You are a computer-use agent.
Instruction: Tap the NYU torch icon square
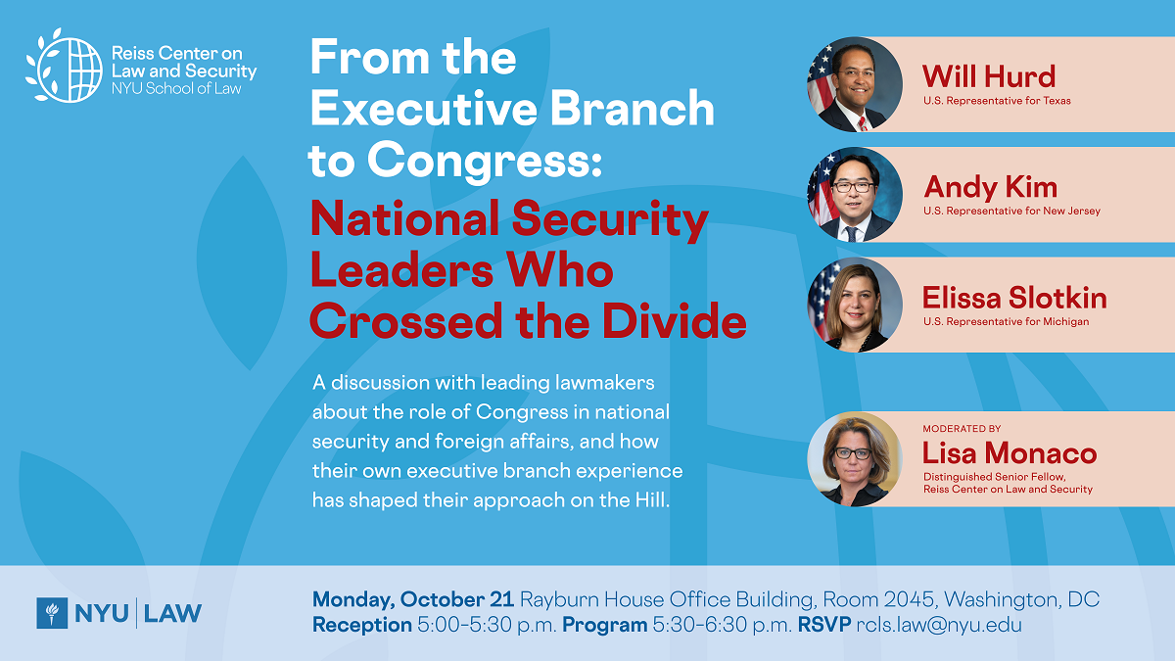52,613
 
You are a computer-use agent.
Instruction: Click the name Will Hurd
989,76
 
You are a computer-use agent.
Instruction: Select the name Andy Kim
990,187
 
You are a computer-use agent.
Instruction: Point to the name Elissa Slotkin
1014,298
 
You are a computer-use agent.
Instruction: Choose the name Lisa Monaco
1010,453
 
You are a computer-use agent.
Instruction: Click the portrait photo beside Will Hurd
855,84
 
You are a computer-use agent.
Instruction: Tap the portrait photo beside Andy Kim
855,195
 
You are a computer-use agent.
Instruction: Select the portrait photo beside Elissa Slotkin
855,305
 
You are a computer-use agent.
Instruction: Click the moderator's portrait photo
855,459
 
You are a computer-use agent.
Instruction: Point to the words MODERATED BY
962,429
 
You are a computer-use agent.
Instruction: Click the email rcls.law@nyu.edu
939,625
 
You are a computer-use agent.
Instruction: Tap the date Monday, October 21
413,599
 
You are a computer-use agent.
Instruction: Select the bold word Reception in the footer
362,625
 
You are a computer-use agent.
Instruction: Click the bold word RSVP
824,625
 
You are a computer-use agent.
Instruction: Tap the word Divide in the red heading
674,321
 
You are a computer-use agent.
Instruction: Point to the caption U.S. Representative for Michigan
1007,321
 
